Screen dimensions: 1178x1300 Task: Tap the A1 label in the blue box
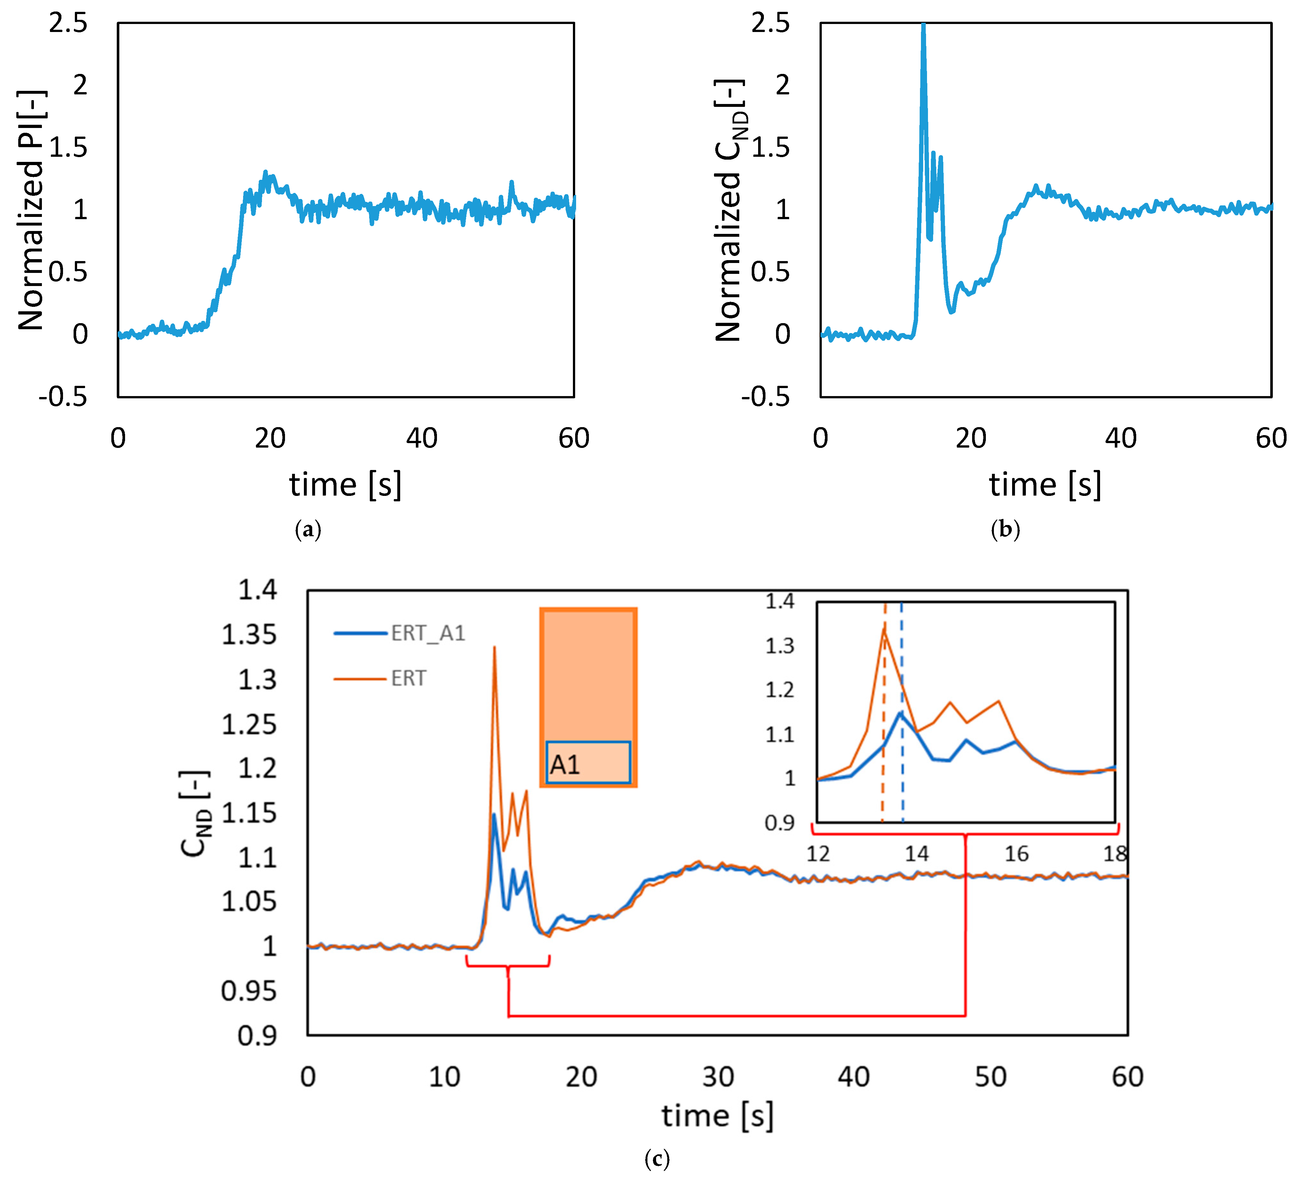coord(565,765)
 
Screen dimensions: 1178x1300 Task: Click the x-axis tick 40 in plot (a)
coord(422,438)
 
